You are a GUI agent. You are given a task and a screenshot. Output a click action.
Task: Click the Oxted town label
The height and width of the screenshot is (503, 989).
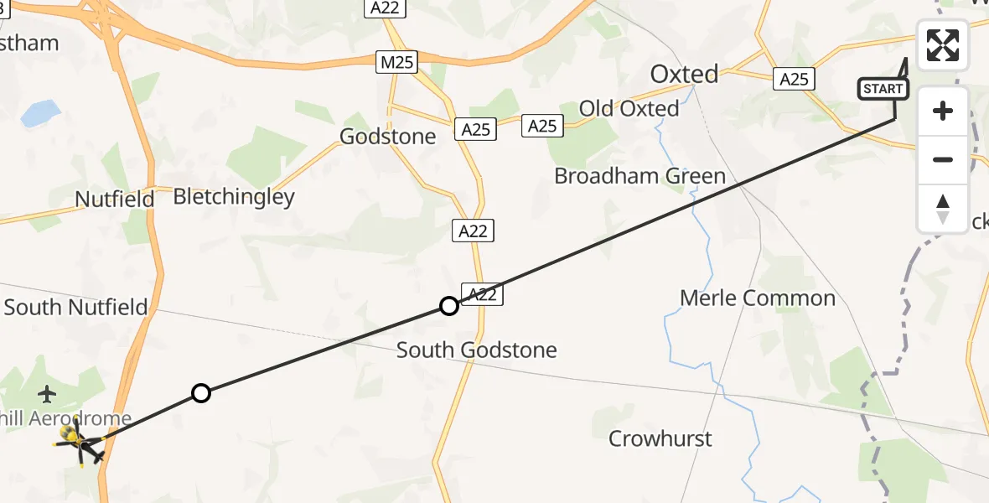click(x=684, y=75)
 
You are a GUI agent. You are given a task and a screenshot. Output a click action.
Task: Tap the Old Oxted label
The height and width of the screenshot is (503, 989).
click(x=629, y=109)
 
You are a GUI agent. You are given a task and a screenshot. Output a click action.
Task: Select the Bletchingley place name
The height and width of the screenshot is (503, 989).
click(x=234, y=197)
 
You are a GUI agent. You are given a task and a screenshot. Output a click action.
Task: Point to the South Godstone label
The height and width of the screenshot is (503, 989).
click(x=476, y=350)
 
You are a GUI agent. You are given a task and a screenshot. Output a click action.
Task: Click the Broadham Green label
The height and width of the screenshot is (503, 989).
click(x=639, y=176)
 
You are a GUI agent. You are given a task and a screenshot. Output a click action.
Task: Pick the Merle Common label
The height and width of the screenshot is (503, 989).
click(x=758, y=298)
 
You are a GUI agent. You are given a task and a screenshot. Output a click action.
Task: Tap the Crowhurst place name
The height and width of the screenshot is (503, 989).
click(x=660, y=438)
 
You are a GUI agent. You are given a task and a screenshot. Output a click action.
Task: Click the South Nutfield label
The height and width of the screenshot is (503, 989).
click(x=76, y=307)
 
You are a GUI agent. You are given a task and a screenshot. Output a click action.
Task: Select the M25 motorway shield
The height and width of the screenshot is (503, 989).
click(x=396, y=62)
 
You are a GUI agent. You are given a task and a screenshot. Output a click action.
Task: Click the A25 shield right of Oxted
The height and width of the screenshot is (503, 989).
click(x=793, y=79)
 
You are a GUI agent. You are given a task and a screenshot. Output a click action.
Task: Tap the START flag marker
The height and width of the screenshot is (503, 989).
click(x=883, y=89)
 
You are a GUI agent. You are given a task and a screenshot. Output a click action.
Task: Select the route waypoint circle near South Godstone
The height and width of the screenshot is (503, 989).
click(x=449, y=306)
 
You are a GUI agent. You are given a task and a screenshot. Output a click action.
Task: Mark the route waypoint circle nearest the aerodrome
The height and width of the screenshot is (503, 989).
click(x=201, y=392)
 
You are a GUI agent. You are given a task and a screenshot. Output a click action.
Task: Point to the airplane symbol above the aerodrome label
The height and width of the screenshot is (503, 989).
click(x=48, y=392)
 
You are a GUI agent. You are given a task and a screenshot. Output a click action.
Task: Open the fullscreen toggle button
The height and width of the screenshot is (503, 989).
click(x=943, y=45)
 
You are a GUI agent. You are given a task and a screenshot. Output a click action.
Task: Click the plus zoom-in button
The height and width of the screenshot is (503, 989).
click(x=943, y=111)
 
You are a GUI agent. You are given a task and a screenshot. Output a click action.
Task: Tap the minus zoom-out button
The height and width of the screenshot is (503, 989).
click(x=943, y=159)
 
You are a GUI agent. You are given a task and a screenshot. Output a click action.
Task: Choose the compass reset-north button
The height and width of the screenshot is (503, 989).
click(x=943, y=208)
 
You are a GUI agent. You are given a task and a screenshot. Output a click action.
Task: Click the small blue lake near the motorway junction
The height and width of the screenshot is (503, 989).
click(x=39, y=112)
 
